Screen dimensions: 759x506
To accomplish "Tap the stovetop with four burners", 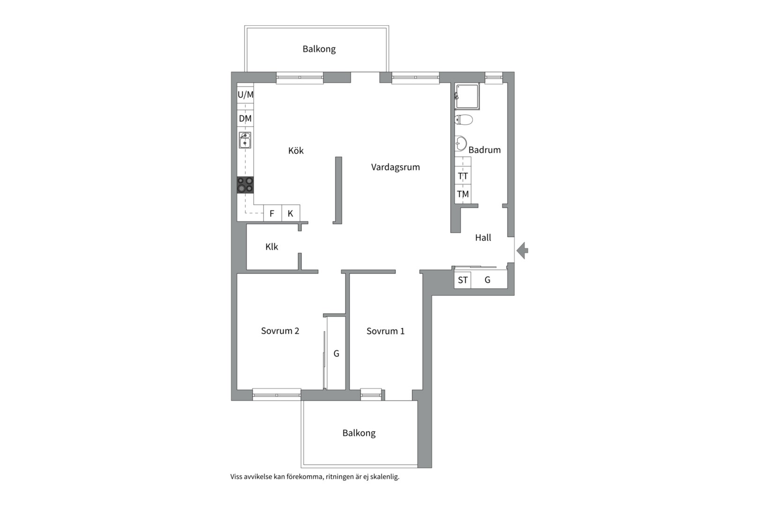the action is point(245,185).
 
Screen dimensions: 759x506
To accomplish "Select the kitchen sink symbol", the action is point(245,140).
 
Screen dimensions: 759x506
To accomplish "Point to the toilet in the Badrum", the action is point(463,119).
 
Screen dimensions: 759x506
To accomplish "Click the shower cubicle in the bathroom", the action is point(467,97).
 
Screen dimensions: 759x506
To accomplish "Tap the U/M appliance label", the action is point(246,95).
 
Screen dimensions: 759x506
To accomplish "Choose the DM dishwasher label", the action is point(246,119).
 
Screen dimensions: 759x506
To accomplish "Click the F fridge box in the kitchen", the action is point(272,213).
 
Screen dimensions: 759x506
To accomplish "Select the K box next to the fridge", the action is point(291,213).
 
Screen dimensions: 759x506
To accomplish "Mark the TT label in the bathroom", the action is point(463,176).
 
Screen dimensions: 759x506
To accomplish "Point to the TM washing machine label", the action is point(463,194).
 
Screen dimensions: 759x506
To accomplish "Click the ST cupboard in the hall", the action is point(462,280).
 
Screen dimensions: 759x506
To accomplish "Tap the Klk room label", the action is point(272,247).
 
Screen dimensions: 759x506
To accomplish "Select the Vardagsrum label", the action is point(395,167).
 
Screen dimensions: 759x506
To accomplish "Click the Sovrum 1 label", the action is point(386,331).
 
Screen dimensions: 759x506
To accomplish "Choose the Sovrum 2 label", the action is point(280,331).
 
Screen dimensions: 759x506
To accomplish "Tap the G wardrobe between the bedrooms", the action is point(336,353).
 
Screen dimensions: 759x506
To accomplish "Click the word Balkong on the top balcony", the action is point(319,49).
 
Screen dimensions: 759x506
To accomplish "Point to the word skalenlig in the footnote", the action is point(385,477).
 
